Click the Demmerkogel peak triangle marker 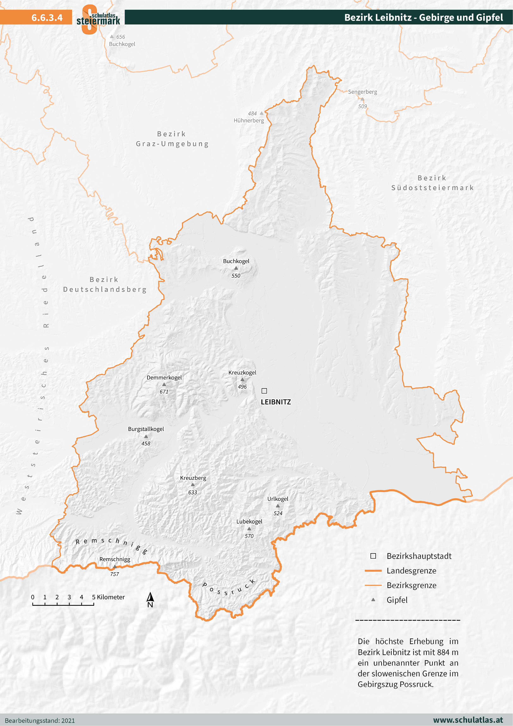(x=164, y=384)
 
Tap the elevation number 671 (x=164, y=391)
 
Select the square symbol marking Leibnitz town (x=264, y=391)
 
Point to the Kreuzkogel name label (x=242, y=372)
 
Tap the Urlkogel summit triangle (x=278, y=506)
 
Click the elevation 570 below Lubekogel (x=249, y=536)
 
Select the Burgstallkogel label (x=146, y=429)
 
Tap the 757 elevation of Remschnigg (x=114, y=574)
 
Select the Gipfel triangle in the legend (x=373, y=600)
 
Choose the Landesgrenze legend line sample (x=373, y=571)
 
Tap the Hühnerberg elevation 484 (x=252, y=114)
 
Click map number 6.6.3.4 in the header (x=47, y=17)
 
